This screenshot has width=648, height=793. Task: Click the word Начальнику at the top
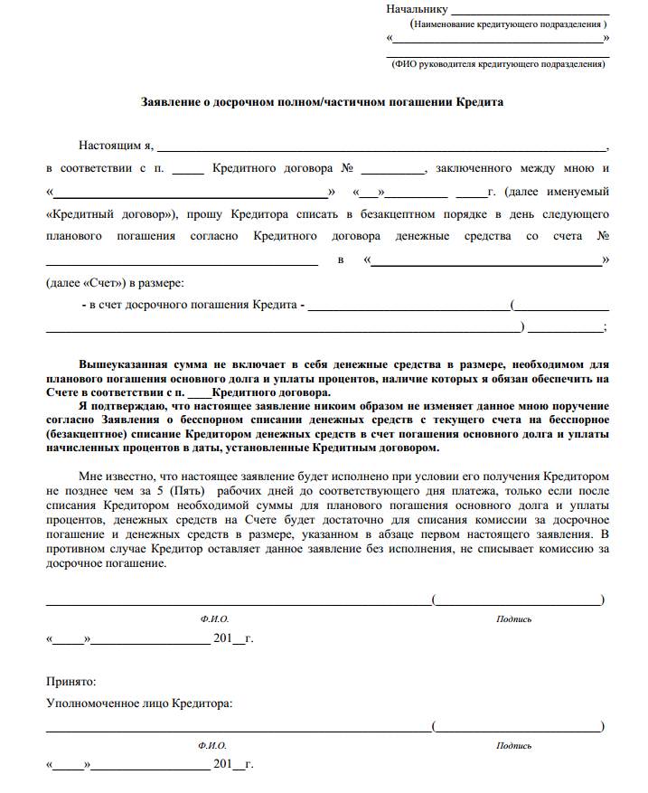tap(417, 9)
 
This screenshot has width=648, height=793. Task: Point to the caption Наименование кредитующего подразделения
tap(509, 24)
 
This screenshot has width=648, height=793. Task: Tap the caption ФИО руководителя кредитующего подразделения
tap(497, 65)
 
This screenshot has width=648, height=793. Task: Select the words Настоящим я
tap(116, 145)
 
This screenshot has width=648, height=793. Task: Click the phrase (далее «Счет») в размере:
tap(114, 282)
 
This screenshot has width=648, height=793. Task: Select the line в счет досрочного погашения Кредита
tap(193, 305)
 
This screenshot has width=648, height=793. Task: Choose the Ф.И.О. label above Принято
tap(214, 619)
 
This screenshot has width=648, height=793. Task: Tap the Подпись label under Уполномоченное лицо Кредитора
tap(514, 746)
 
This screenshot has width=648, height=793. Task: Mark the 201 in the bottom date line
tap(222, 765)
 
